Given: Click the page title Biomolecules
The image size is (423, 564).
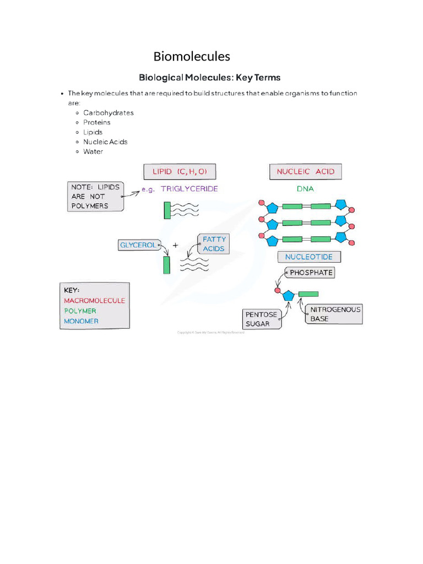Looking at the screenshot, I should point(192,56).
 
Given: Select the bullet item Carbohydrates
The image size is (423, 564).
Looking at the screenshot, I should point(109,113).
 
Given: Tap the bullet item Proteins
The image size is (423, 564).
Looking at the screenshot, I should point(97,122).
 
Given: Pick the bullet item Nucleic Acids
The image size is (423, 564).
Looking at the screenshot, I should point(105,142).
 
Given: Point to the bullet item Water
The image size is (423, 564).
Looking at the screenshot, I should point(93,151).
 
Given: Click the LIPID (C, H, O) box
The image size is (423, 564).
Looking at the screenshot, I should point(180,171).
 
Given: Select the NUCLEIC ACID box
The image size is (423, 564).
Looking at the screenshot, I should point(305,171).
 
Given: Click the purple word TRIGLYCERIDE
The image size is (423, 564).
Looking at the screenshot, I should point(189,188).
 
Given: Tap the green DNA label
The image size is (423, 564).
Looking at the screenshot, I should point(305,188).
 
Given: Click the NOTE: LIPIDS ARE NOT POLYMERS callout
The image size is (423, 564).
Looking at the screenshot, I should point(95,196).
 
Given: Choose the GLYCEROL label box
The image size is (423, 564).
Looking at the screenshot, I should point(138,245).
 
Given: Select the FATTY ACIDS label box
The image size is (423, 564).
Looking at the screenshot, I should point(214,244).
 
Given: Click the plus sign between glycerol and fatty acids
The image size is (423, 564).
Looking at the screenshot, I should point(176,246).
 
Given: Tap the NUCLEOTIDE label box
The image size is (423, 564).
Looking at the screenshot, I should point(308,257).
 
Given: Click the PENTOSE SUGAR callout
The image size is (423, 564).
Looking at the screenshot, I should point(262,319).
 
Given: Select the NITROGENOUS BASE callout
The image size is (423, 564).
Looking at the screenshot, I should point(335,314).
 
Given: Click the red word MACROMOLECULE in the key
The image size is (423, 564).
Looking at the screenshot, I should point(94,301).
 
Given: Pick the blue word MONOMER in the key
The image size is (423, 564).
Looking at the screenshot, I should point(81,321).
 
